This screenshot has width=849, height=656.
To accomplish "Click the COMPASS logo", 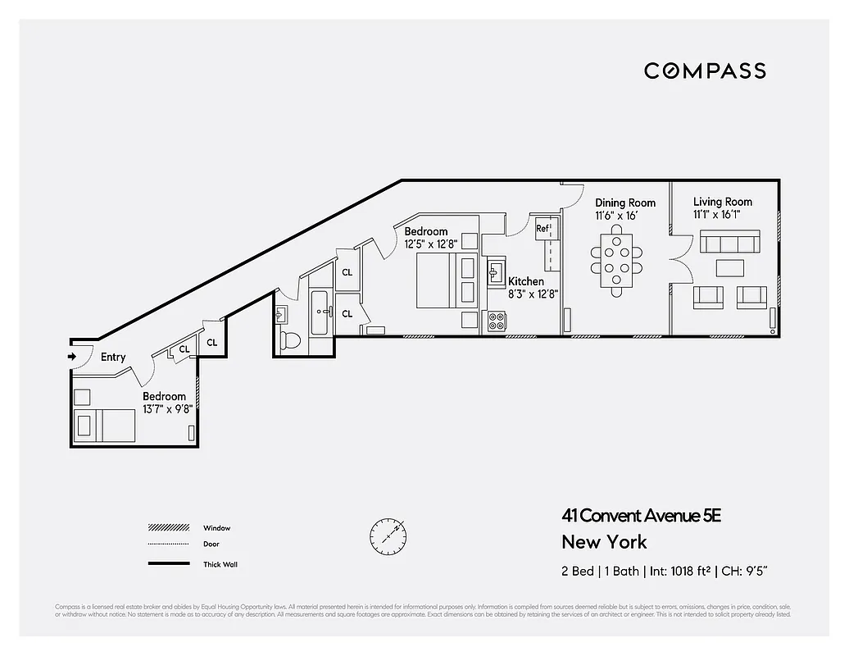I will pyautogui.click(x=705, y=71).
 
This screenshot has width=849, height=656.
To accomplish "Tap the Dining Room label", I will pyautogui.click(x=625, y=203).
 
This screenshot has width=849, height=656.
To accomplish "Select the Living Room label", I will pyautogui.click(x=722, y=202).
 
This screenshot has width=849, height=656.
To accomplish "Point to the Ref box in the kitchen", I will pyautogui.click(x=543, y=229).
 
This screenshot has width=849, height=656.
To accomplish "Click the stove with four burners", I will pyautogui.click(x=497, y=321).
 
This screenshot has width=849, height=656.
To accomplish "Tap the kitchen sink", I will pyautogui.click(x=495, y=271).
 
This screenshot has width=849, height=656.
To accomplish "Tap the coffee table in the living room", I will pyautogui.click(x=730, y=268).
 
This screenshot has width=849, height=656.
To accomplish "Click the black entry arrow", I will pyautogui.click(x=72, y=357).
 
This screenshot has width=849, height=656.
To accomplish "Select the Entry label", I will pyautogui.click(x=113, y=358).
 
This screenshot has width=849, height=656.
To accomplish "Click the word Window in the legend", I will pyautogui.click(x=216, y=528).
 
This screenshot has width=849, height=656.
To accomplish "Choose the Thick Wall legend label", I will pyautogui.click(x=220, y=564).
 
